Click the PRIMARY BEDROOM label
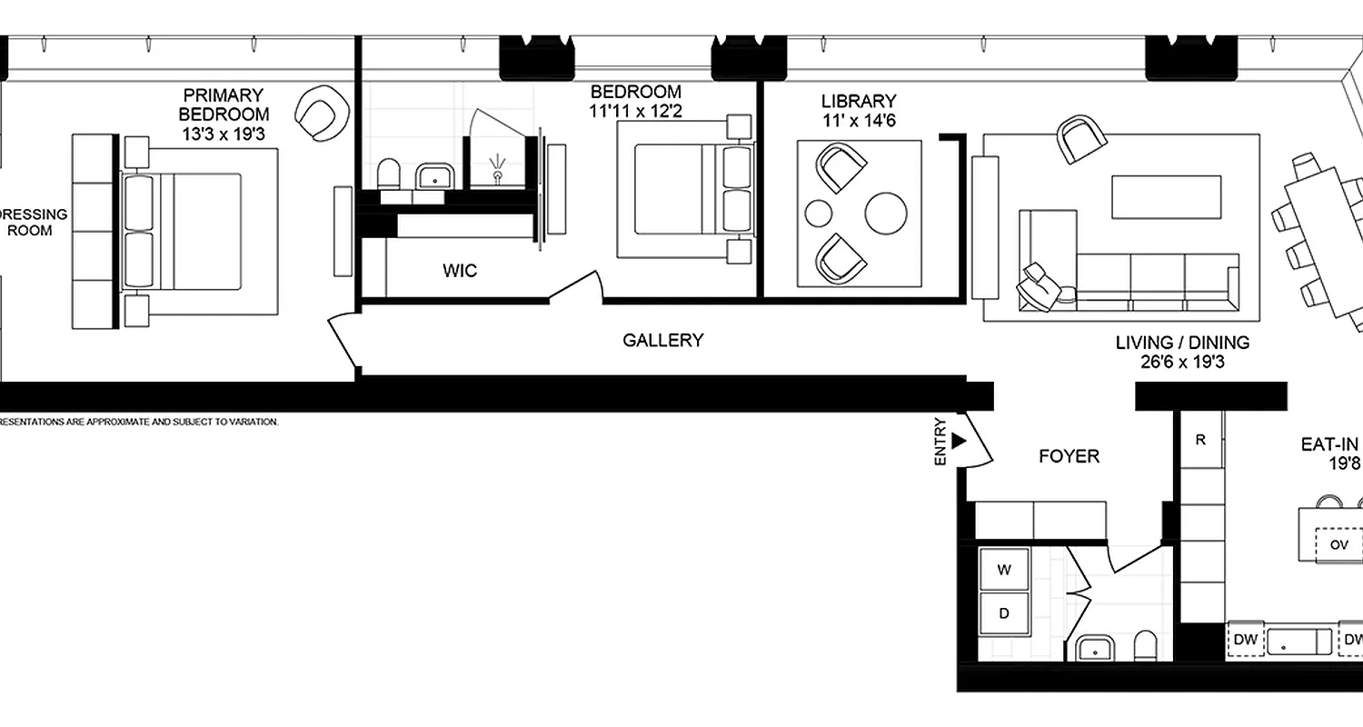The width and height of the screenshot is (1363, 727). [224, 105]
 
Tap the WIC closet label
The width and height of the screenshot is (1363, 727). [459, 271]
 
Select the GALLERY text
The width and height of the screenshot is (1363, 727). [662, 341]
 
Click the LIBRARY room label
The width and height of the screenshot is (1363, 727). [858, 102]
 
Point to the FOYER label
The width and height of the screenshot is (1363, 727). [1069, 456]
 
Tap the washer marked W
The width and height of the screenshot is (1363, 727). [1004, 571]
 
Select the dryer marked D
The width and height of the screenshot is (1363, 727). [1004, 613]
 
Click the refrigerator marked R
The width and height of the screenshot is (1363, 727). [1200, 440]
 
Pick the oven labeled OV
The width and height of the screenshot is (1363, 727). [1338, 545]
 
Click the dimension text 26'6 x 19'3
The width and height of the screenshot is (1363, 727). [1182, 362]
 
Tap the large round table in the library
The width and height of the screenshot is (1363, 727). [886, 214]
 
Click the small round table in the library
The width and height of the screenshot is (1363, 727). [819, 214]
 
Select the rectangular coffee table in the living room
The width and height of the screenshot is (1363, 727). [1166, 197]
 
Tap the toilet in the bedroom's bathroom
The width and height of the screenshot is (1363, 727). [389, 174]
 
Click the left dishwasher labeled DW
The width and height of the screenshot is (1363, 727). [1246, 640]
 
